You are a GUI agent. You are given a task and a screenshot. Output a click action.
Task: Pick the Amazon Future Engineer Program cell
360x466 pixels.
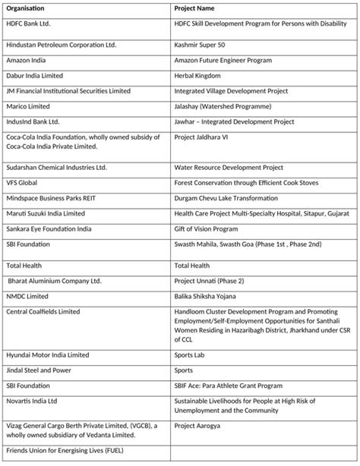coord(223,61)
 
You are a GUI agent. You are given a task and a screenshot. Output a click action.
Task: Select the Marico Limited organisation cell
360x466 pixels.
coord(28,106)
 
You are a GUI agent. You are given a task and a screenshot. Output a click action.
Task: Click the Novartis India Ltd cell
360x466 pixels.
coord(32,400)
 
